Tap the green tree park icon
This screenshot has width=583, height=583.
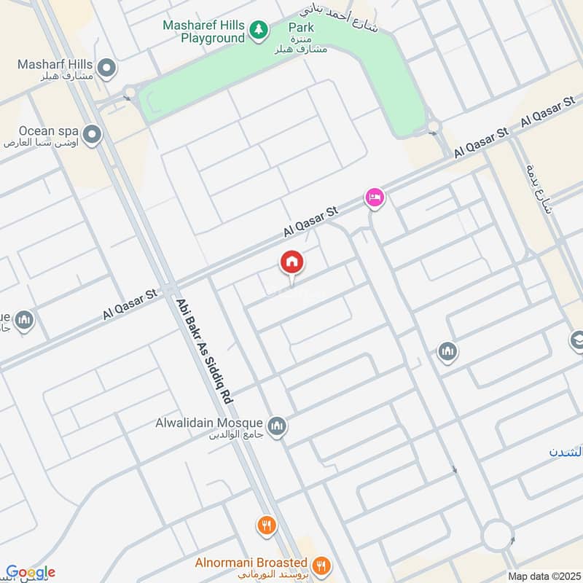tap(257, 29)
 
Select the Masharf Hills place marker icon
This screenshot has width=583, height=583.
tap(107, 69)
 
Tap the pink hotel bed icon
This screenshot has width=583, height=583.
tap(375, 197)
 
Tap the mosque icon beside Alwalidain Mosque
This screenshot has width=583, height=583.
tap(276, 427)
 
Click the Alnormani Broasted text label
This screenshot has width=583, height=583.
tap(251, 563)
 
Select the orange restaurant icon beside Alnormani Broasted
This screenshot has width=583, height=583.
tap(319, 565)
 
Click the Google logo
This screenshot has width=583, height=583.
tap(30, 572)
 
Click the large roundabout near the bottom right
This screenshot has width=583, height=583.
tap(498, 536)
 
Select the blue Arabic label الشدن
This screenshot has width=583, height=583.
tap(566, 452)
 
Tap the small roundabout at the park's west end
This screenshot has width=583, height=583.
tap(130, 93)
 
